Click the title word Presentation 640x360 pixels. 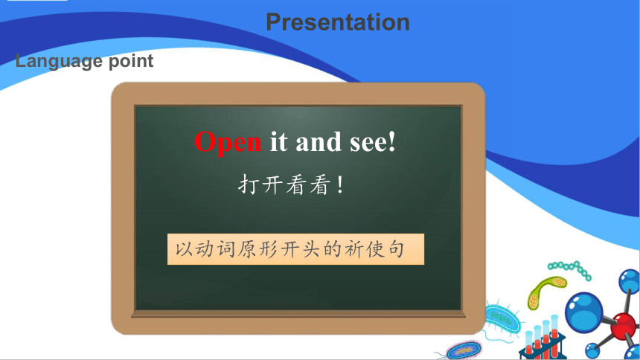[338, 22]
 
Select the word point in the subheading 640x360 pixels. [131, 62]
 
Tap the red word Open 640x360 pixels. [227, 143]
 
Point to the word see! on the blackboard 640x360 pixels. [373, 142]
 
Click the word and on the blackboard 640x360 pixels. [319, 142]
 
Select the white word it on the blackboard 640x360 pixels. [279, 142]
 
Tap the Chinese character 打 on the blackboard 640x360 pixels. [249, 184]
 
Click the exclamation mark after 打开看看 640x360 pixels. [340, 185]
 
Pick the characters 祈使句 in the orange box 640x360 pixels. [374, 249]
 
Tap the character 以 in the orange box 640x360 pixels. [184, 249]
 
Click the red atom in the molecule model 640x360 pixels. [623, 326]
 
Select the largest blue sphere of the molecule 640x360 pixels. [583, 312]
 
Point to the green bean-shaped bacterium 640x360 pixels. [546, 292]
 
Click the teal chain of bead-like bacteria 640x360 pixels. [570, 270]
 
